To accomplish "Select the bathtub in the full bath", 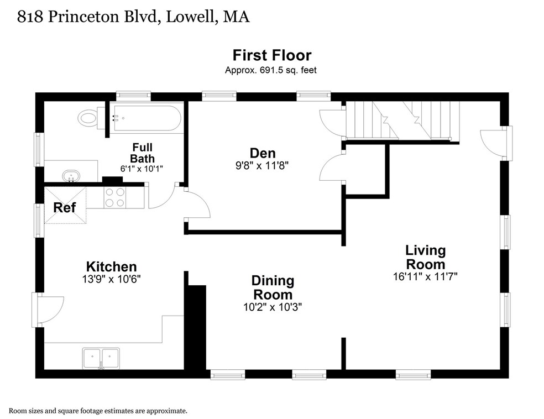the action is [x=147, y=118].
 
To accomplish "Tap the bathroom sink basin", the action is [x=71, y=176].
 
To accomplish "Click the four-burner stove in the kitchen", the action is [x=115, y=197].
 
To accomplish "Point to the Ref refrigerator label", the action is [x=65, y=207].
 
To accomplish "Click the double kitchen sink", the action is [x=101, y=358].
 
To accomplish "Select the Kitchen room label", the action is [x=111, y=266].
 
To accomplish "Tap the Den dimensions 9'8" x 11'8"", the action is [x=262, y=165].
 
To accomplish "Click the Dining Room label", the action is [x=273, y=287].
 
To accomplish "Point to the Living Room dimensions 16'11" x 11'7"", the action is [x=425, y=276].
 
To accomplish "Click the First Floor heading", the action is [x=272, y=55].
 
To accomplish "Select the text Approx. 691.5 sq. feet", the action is [x=270, y=70].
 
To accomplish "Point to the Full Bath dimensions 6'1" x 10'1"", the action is [x=142, y=169].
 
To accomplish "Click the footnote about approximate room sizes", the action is [x=98, y=411].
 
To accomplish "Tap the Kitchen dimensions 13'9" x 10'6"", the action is [x=111, y=279].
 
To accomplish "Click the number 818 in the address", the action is [x=30, y=17].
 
